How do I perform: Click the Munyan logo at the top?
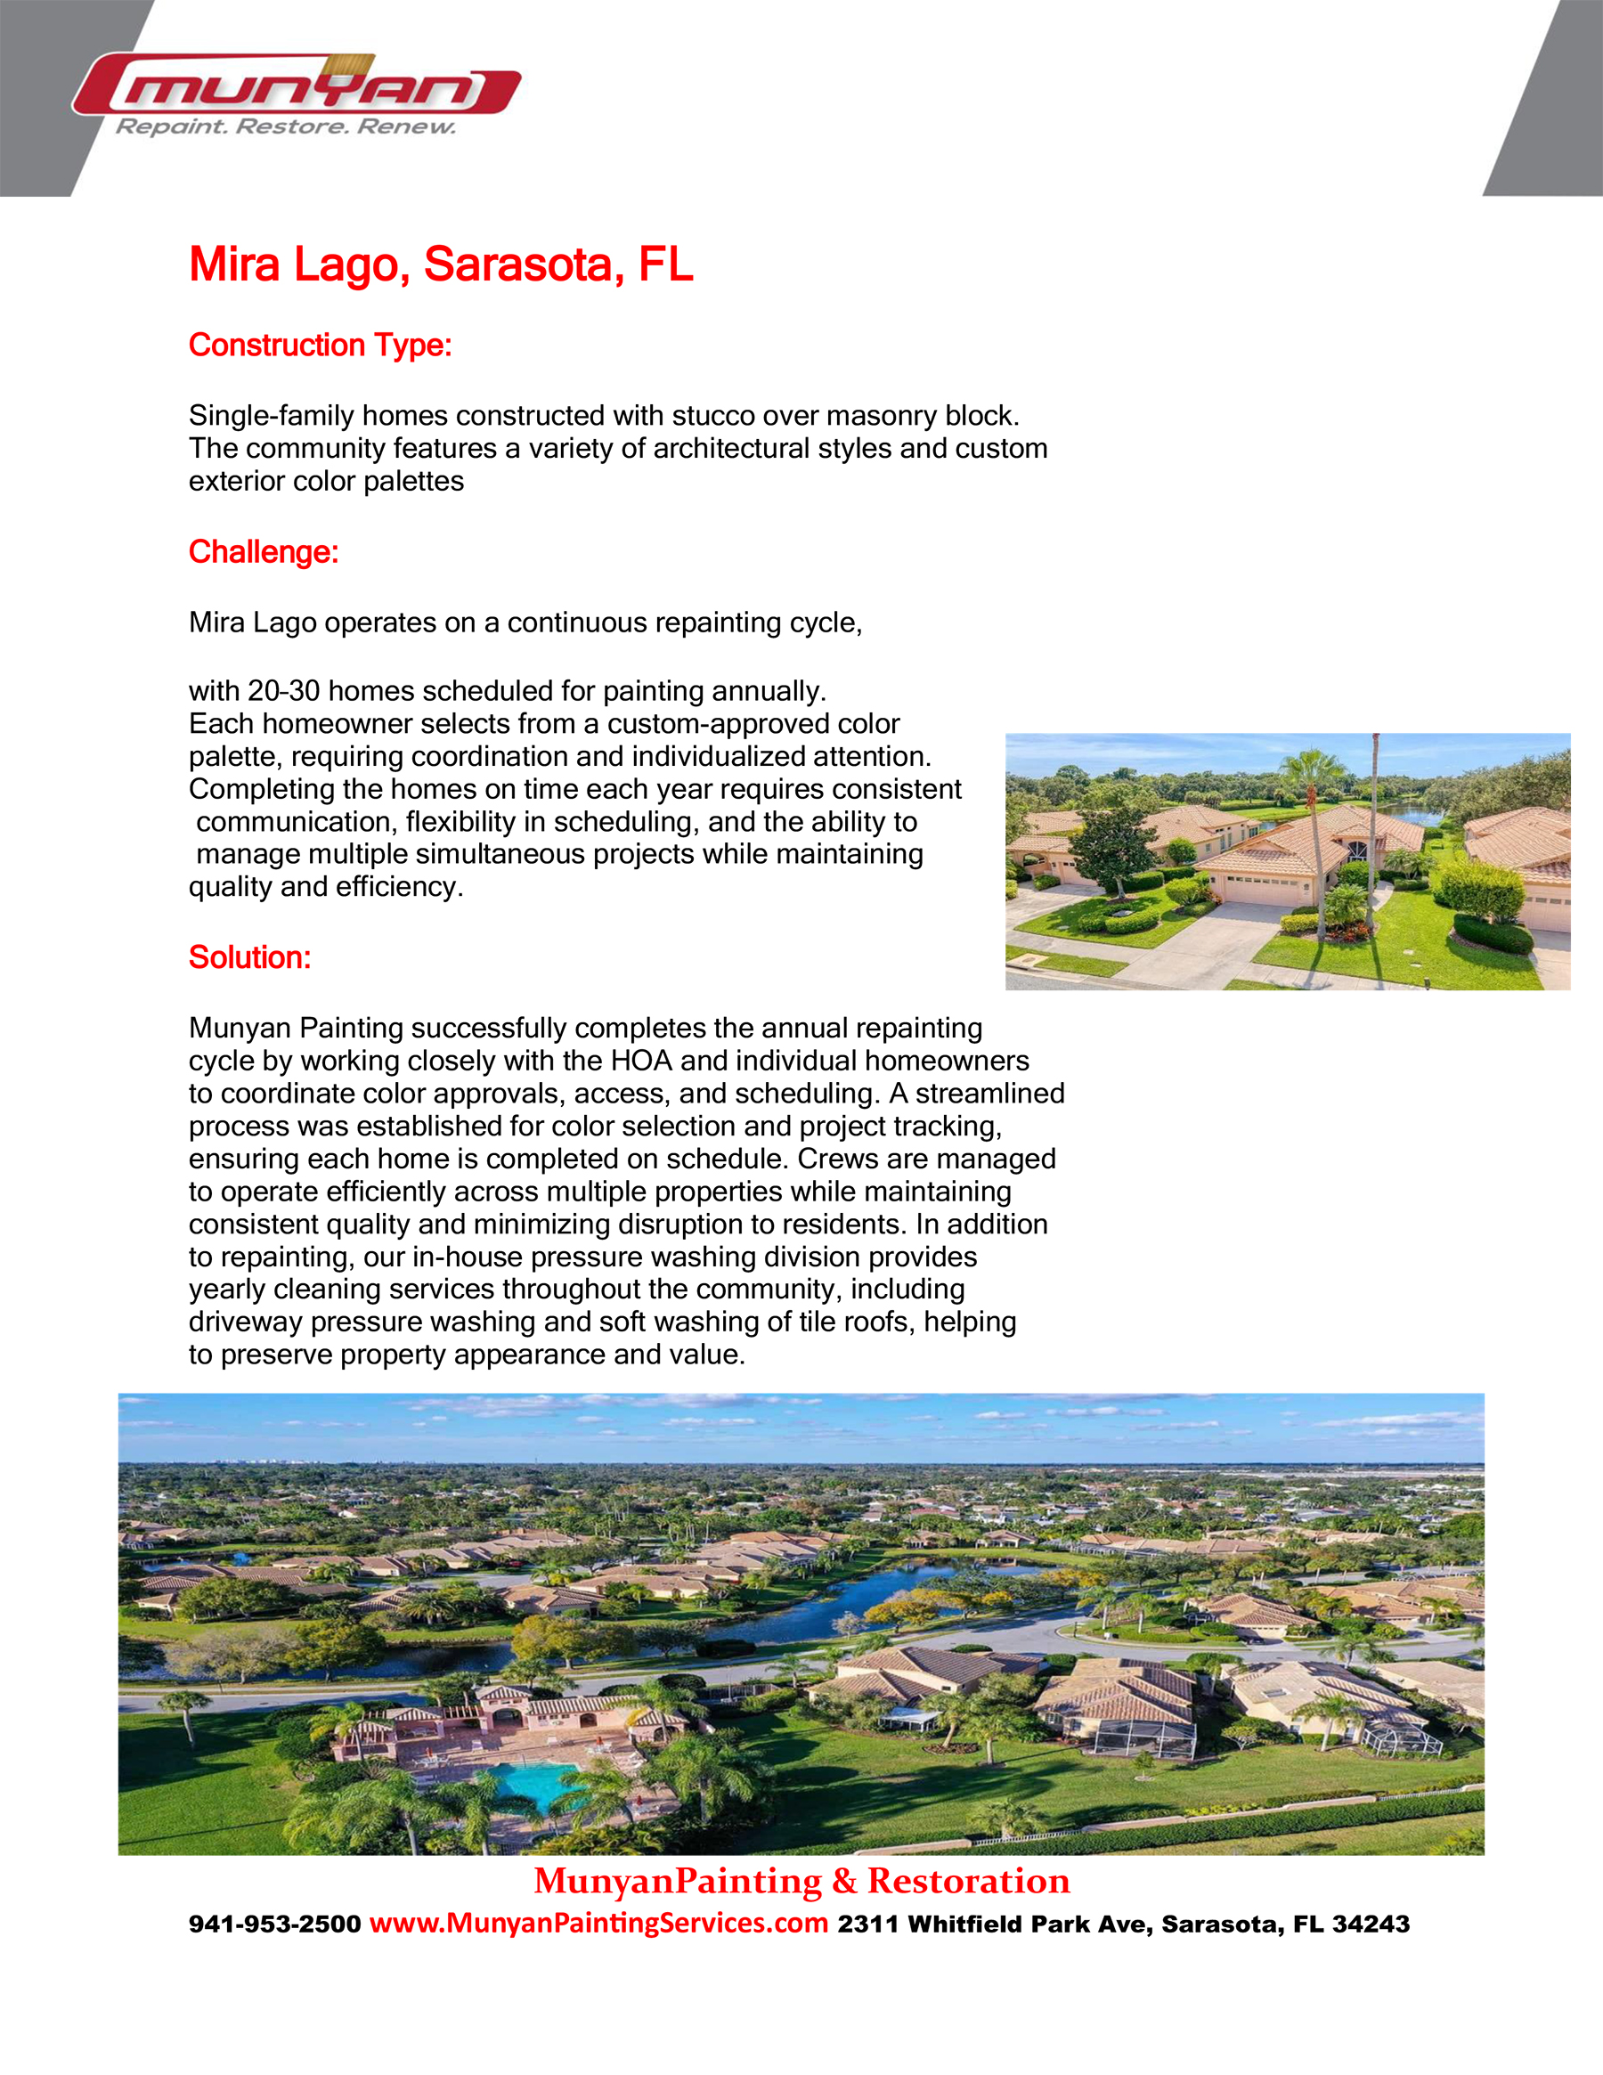coord(297,88)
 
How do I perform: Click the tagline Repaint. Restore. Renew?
coord(285,127)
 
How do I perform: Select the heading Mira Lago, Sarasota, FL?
coord(441,264)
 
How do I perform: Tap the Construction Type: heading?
coord(321,345)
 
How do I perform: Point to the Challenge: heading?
coord(264,552)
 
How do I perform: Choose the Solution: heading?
coord(250,956)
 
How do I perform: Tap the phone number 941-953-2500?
coord(274,1924)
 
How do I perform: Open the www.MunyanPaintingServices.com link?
coord(598,1923)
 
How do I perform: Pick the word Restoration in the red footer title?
coord(968,1881)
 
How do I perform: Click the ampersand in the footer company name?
coord(843,1881)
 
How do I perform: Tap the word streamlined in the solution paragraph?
coord(990,1094)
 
